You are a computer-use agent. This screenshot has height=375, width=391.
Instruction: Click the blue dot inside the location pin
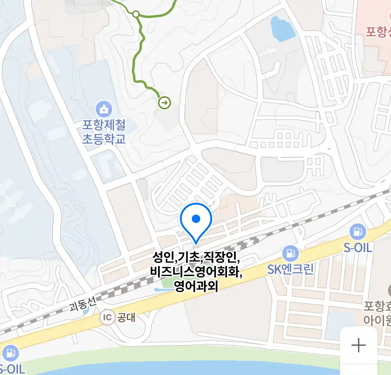pyautogui.click(x=196, y=219)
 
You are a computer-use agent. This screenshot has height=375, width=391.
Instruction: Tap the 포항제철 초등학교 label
pyautogui.click(x=104, y=132)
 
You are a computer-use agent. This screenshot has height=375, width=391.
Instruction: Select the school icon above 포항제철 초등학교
pyautogui.click(x=104, y=109)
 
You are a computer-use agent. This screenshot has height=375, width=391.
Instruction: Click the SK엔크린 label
pyautogui.click(x=290, y=269)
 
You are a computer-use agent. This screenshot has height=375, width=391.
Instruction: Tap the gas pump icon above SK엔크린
pyautogui.click(x=290, y=254)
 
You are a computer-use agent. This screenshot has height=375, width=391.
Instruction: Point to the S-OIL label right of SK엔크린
pyautogui.click(x=358, y=248)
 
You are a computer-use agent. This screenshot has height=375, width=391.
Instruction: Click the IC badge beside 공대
pyautogui.click(x=107, y=317)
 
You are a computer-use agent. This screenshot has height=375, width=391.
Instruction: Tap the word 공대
pyautogui.click(x=126, y=317)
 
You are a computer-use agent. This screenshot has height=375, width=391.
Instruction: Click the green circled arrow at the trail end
pyautogui.click(x=164, y=103)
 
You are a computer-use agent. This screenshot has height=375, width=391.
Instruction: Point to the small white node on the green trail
pyautogui.click(x=136, y=14)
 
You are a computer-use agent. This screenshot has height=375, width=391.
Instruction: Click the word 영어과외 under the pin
pyautogui.click(x=196, y=286)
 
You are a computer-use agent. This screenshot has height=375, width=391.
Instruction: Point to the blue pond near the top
pyautogui.click(x=283, y=28)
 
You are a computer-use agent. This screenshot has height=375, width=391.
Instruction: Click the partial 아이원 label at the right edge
pyautogui.click(x=377, y=319)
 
